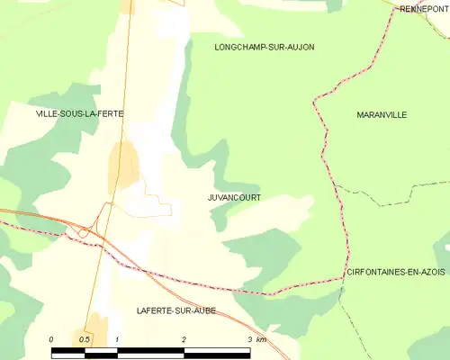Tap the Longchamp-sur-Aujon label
(x=265, y=46)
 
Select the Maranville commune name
(x=382, y=114)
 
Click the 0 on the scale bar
(x=51, y=339)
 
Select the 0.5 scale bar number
(x=84, y=339)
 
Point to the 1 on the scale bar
(x=118, y=339)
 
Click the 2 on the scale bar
(x=184, y=339)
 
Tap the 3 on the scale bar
(x=249, y=339)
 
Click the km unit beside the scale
(x=261, y=339)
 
